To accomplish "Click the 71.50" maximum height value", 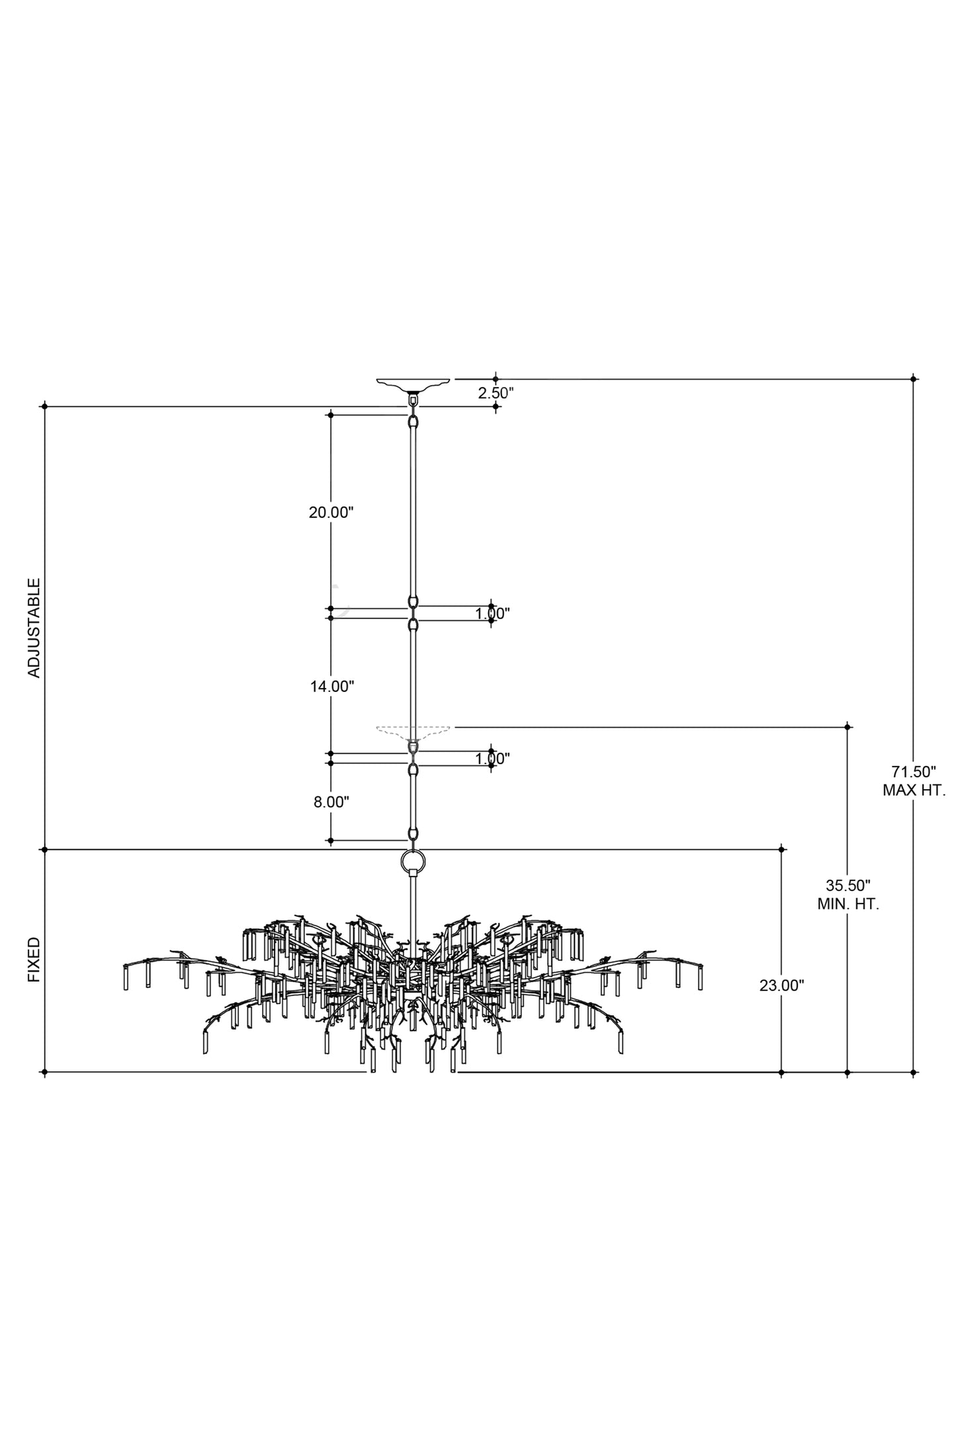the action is point(914,771).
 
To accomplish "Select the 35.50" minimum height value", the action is point(848,885).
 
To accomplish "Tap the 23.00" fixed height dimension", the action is point(781,986).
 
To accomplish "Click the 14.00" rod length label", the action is point(332,687).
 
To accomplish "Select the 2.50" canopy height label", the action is point(496,392).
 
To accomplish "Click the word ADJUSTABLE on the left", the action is point(34,628).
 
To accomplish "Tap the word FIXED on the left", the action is point(34,959).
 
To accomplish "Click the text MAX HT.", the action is point(914,790).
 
